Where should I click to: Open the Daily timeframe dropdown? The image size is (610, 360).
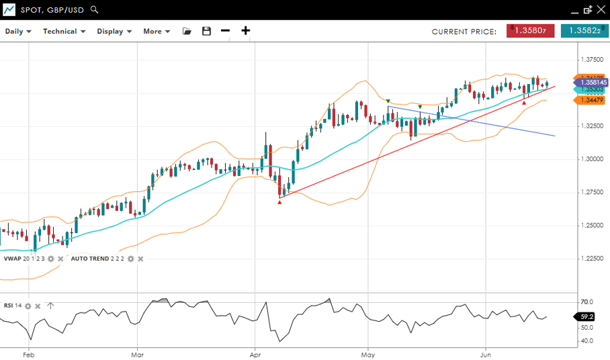click(18, 31)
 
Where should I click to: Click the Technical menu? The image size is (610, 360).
click(64, 31)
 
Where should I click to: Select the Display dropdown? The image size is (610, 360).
click(114, 31)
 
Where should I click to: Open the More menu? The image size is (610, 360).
click(157, 31)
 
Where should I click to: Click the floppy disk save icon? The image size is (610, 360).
click(206, 31)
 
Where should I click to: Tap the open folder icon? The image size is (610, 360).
click(187, 31)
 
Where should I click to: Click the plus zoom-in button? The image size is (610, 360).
click(246, 30)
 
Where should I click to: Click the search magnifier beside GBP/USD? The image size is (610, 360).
click(95, 10)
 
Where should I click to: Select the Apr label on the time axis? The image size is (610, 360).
click(255, 353)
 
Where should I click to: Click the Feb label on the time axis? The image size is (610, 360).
click(28, 353)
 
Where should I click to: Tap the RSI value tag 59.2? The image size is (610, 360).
click(586, 316)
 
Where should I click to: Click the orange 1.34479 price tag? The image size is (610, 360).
click(591, 100)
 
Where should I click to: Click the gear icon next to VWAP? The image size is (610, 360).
click(50, 259)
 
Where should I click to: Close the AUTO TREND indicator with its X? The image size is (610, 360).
click(140, 259)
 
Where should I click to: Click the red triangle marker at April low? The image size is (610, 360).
click(279, 201)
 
